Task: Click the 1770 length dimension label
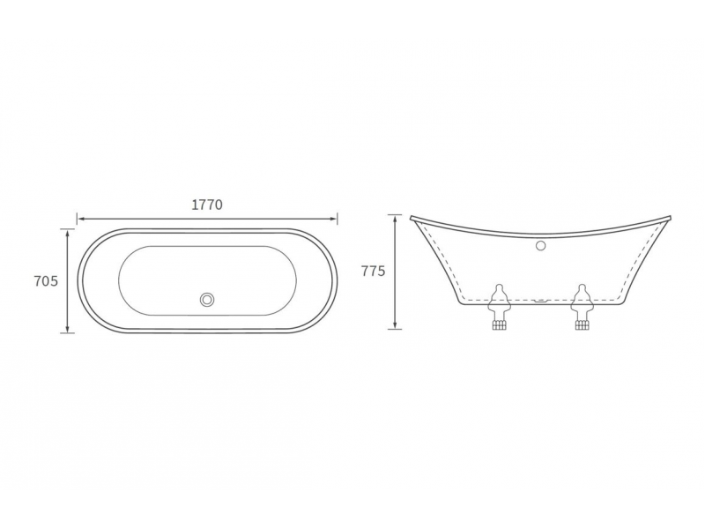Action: (x=207, y=205)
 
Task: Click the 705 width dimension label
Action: (x=47, y=281)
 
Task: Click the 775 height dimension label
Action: (x=373, y=272)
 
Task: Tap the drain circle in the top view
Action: (x=208, y=299)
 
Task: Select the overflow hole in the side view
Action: (x=541, y=246)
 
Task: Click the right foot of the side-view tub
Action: (x=582, y=307)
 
